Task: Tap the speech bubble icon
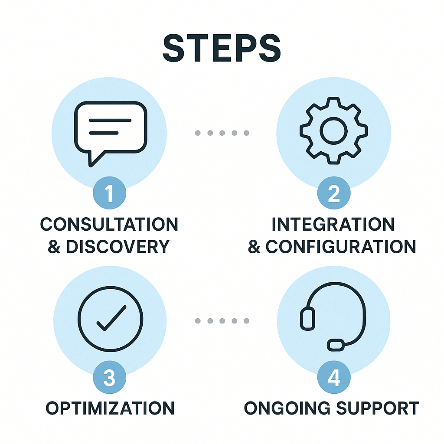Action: pyautogui.click(x=110, y=130)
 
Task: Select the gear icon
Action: pyautogui.click(x=333, y=130)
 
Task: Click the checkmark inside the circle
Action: pyautogui.click(x=110, y=317)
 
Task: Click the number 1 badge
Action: pyautogui.click(x=109, y=194)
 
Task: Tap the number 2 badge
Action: pyautogui.click(x=333, y=194)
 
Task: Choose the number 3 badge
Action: pyautogui.click(x=109, y=378)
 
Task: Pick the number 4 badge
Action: pyautogui.click(x=333, y=378)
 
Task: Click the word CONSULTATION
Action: pyautogui.click(x=109, y=225)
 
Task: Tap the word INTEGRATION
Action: pyautogui.click(x=333, y=225)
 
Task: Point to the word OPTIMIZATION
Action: pyautogui.click(x=110, y=408)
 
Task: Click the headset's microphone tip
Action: pyautogui.click(x=336, y=345)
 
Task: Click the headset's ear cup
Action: pyautogui.click(x=307, y=318)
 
